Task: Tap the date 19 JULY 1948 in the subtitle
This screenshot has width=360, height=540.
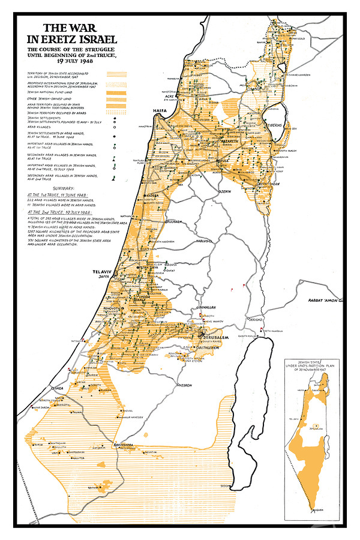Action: pyautogui.click(x=74, y=61)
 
